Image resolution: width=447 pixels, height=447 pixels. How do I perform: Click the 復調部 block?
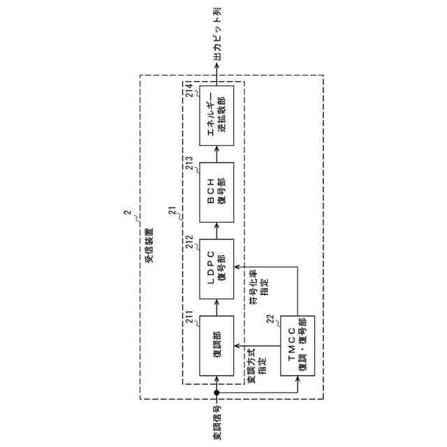[x=217, y=345]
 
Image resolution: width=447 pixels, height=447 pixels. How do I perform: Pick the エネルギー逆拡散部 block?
[x=217, y=116]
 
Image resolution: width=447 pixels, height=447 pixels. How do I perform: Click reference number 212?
[x=191, y=243]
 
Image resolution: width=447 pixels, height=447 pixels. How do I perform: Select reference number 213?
[x=191, y=166]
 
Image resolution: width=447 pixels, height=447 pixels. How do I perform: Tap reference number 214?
[x=191, y=90]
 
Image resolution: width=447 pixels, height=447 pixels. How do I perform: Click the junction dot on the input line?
[x=217, y=393]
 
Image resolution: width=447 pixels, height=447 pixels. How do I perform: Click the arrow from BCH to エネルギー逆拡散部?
[x=217, y=154]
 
